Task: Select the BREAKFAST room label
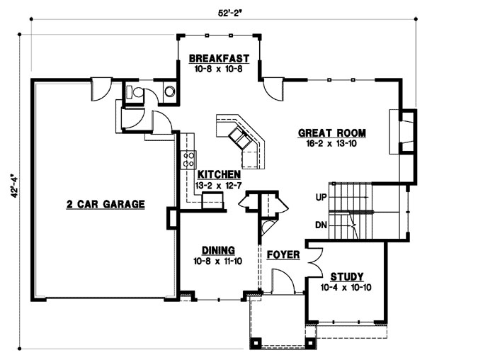point(220,59)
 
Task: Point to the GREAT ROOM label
point(331,133)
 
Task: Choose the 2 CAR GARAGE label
point(106,204)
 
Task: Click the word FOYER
point(283,254)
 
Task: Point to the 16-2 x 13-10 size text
point(331,143)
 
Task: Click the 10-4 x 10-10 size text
point(346,287)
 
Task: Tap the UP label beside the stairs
point(319,197)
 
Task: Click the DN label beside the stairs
point(319,225)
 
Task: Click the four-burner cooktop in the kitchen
point(189,159)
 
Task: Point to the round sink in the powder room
point(170,91)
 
